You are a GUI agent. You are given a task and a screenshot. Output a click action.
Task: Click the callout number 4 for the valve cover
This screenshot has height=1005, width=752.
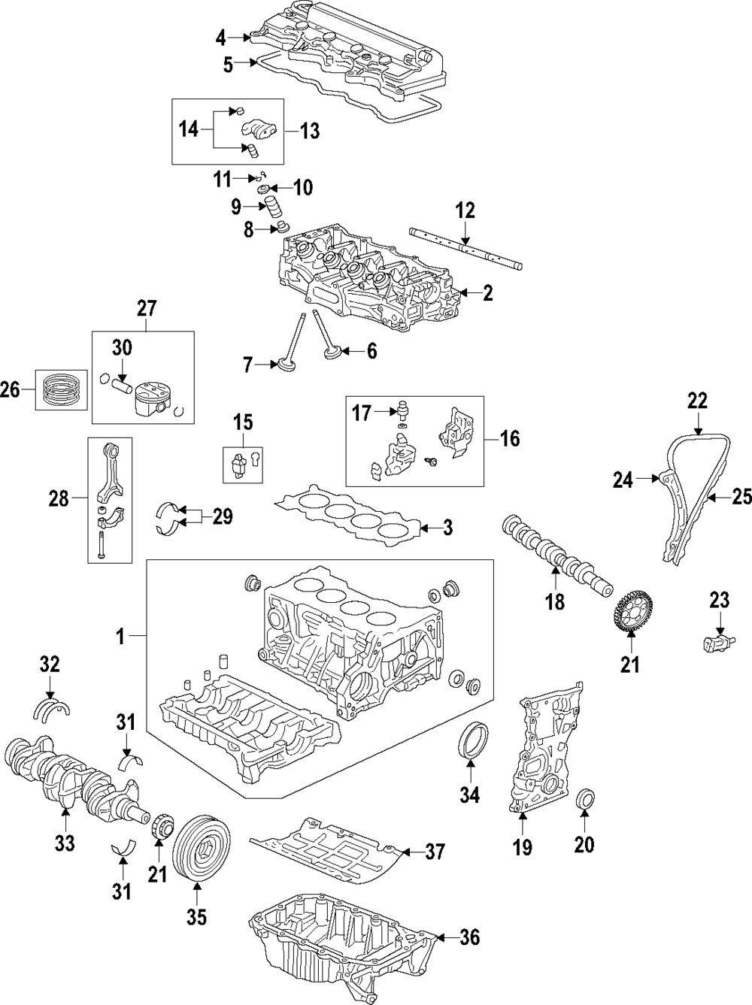[x=220, y=37]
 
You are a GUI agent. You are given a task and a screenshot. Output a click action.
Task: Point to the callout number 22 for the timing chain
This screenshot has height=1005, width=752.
[x=697, y=402]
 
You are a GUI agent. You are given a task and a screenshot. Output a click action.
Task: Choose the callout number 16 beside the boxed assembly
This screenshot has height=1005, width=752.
[x=510, y=438]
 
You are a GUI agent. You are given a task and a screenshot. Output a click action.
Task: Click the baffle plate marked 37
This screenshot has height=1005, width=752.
[x=327, y=855]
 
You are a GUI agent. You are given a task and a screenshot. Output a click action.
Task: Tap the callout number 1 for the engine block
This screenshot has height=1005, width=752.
[x=119, y=637]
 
